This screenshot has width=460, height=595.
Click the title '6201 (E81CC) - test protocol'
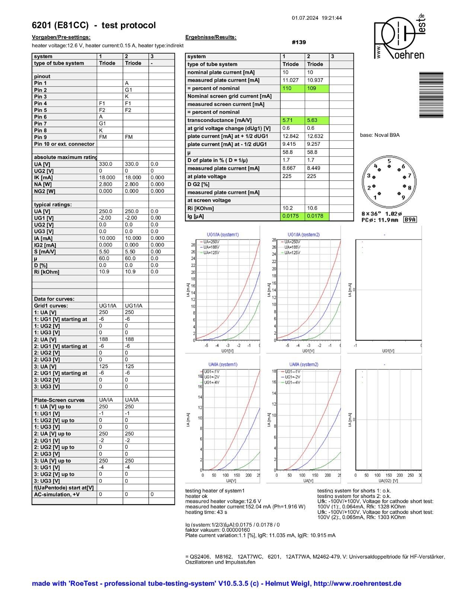point(94,25)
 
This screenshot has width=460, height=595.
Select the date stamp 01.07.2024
point(305,18)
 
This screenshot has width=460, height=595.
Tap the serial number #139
point(299,42)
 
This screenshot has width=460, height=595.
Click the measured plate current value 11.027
point(290,80)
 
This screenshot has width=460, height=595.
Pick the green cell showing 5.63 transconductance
point(314,120)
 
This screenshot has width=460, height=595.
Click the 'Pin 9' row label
point(41,137)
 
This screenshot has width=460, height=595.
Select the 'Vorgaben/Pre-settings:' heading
point(61,37)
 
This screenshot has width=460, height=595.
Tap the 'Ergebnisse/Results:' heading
point(211,37)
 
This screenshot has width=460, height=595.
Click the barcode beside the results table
point(431,95)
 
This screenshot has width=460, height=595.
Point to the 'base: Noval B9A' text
point(380,135)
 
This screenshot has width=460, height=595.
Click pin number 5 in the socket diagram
point(389,161)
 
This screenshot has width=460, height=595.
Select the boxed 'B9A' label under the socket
point(410,220)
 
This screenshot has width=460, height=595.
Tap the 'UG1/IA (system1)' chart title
point(223,235)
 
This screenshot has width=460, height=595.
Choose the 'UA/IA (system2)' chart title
point(304,364)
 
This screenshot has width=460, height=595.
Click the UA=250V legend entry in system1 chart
point(211,242)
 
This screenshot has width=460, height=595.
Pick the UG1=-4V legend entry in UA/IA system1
point(211,382)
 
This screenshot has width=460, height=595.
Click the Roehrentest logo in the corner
point(399,37)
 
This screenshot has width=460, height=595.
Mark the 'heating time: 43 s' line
point(206,512)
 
